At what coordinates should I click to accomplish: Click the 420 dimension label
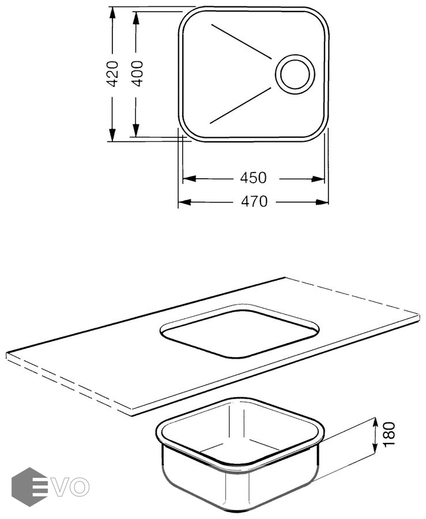pyautogui.click(x=113, y=74)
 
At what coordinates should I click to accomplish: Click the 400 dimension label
pyautogui.click(x=137, y=73)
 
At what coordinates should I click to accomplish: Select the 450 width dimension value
pyautogui.click(x=253, y=178)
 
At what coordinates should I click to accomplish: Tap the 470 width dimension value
pyautogui.click(x=254, y=201)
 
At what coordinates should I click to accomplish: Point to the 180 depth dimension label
pyautogui.click(x=390, y=434)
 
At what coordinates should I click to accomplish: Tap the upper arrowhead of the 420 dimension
pyautogui.click(x=112, y=13)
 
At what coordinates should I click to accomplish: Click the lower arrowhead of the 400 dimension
pyautogui.click(x=135, y=129)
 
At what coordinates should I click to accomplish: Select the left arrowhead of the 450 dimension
pyautogui.click(x=189, y=179)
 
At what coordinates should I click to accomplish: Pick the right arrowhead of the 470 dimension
pyautogui.click(x=322, y=202)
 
